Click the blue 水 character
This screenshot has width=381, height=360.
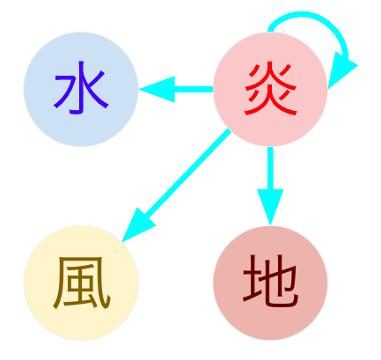point(81,88)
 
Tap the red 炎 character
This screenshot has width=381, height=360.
point(270,89)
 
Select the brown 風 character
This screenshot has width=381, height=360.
point(82,283)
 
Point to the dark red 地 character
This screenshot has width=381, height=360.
point(270,281)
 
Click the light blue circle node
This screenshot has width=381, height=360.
point(81,89)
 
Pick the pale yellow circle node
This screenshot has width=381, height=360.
point(81,283)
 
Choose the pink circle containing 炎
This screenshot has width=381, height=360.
point(270,89)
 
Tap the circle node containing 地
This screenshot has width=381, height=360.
point(270,283)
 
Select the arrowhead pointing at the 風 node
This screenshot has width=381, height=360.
point(136,226)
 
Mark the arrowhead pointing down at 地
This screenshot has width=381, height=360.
point(270,205)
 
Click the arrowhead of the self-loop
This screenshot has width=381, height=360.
point(341,70)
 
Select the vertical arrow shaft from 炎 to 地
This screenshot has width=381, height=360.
point(270,168)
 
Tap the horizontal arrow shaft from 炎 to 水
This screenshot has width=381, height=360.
point(194,89)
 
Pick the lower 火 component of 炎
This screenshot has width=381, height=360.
point(270,101)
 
